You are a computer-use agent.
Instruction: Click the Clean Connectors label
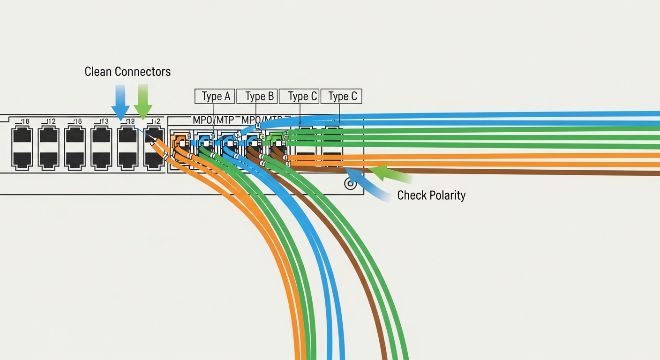pos(127,72)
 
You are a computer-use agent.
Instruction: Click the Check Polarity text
pos(431,195)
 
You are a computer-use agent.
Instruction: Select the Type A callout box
pos(215,97)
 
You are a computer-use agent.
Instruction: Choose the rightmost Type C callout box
pos(342,97)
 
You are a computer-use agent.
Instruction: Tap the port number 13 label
pos(104,122)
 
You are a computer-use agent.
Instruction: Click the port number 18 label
pos(24,122)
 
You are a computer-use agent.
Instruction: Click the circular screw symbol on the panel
pos(350,183)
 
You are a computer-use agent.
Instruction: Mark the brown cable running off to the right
pos(516,171)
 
